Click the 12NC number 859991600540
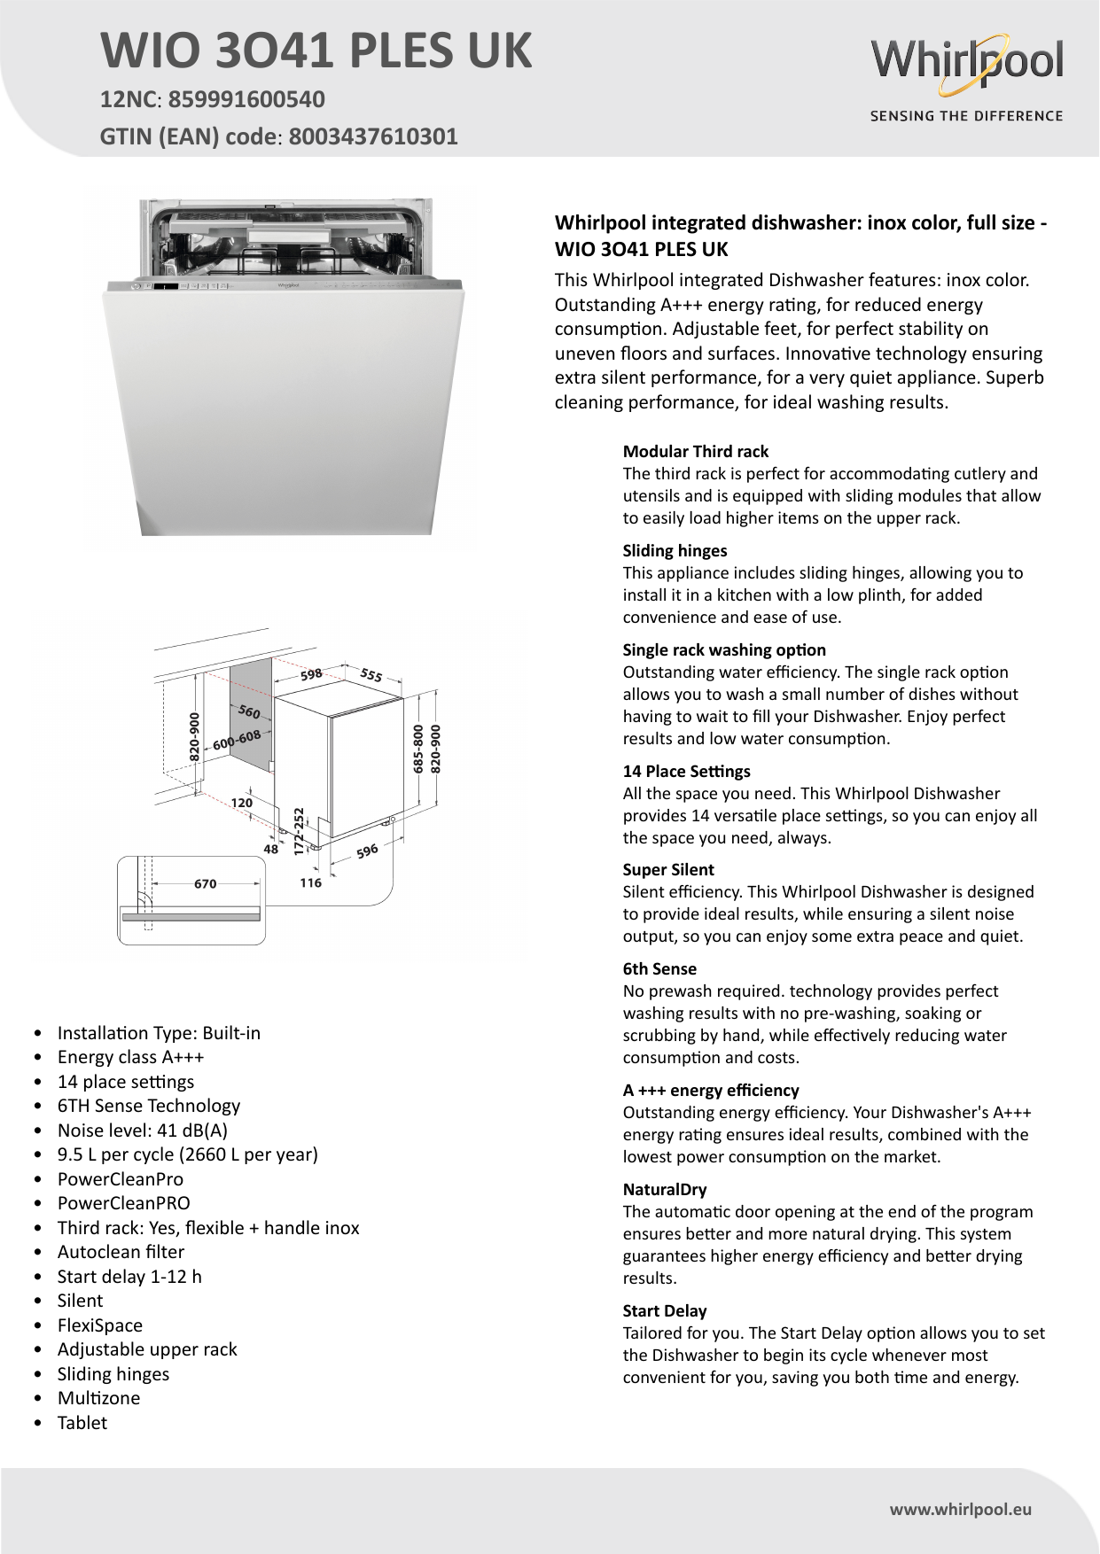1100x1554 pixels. coord(246,99)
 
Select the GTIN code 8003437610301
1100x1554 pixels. coord(373,136)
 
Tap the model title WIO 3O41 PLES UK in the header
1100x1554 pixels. coord(316,51)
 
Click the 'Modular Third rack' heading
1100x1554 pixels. coord(696,451)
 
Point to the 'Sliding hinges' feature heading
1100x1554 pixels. coord(675,550)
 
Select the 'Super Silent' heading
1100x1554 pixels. coord(668,869)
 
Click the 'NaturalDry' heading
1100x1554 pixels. coord(665,1189)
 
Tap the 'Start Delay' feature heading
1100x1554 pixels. coord(665,1310)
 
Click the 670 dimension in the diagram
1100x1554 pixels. coord(205,883)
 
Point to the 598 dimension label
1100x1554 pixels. coord(311,674)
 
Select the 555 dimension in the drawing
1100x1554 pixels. coord(371,675)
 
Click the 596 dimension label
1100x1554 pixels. coord(367,851)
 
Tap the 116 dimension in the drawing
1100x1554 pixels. coord(310,882)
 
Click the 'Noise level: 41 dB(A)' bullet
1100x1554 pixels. coord(143,1131)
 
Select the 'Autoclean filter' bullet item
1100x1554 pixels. coord(121,1252)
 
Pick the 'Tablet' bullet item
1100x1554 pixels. coord(82,1423)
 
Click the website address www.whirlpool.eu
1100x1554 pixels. coord(961,1510)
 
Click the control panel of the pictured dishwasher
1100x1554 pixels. coord(284,286)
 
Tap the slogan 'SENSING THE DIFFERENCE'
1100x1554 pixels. coord(966,116)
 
